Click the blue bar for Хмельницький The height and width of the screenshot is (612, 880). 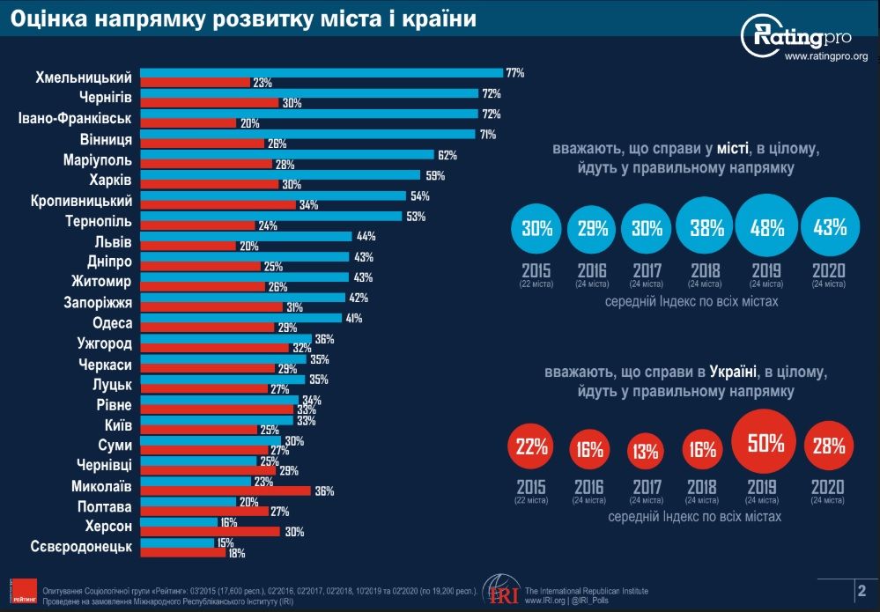(322, 72)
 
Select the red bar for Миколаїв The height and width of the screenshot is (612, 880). (226, 491)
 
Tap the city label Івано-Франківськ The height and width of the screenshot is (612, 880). (76, 118)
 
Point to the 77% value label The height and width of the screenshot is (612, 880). (514, 73)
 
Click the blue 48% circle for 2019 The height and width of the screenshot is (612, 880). (766, 228)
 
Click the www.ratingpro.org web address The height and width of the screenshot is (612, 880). (825, 57)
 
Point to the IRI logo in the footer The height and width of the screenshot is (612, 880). (500, 591)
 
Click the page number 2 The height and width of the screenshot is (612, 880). (861, 590)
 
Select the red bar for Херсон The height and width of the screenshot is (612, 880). (210, 531)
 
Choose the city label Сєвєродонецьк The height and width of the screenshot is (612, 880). (81, 547)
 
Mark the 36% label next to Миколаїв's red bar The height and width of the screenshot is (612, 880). (324, 491)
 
